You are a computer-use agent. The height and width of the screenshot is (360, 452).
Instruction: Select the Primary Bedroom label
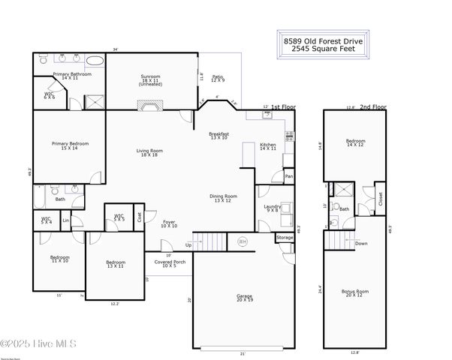(70, 145)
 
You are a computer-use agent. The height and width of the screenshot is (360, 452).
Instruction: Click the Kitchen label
(268, 146)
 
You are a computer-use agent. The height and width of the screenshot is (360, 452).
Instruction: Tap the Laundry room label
(271, 208)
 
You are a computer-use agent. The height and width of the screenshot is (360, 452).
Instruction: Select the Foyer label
(170, 223)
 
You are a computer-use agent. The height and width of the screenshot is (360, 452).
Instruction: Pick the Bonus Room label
(355, 292)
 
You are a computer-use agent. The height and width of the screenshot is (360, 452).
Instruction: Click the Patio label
(218, 78)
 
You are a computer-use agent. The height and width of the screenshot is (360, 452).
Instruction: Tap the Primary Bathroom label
(72, 76)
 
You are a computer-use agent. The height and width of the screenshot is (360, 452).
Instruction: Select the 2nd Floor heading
(372, 107)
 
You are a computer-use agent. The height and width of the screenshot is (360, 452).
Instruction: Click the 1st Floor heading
(283, 107)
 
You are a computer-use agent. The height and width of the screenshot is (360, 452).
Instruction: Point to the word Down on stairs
(361, 243)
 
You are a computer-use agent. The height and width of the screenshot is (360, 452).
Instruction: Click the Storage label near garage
(285, 238)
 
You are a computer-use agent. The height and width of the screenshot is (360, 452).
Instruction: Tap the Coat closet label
(139, 217)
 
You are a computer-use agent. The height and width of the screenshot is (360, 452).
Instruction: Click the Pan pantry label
(288, 176)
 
